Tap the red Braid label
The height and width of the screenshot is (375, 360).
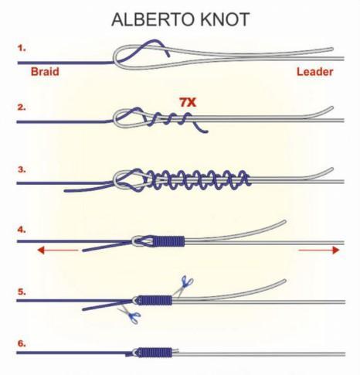coord(45,72)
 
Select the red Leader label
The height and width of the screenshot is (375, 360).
coord(315,72)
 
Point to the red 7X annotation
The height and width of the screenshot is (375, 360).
coord(188,103)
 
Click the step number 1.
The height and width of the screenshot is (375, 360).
coord(22,48)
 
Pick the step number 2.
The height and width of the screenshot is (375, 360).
coord(22,107)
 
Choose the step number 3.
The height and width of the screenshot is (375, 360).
coord(22,169)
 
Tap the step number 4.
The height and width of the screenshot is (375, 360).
coord(22,230)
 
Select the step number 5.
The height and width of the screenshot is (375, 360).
coord(22,291)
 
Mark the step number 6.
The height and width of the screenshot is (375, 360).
coord(22,343)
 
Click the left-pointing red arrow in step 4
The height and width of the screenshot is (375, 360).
coord(58,250)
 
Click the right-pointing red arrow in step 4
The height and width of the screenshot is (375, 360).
coord(318,250)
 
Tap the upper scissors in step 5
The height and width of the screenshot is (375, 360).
coord(183,285)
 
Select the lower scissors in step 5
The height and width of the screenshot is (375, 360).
coord(130,315)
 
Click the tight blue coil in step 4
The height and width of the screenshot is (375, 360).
coord(169,241)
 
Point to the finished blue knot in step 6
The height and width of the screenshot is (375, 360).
coord(155,353)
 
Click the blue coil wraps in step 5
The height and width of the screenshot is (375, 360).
coord(155,300)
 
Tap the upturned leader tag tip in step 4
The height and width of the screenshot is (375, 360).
coord(284,221)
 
